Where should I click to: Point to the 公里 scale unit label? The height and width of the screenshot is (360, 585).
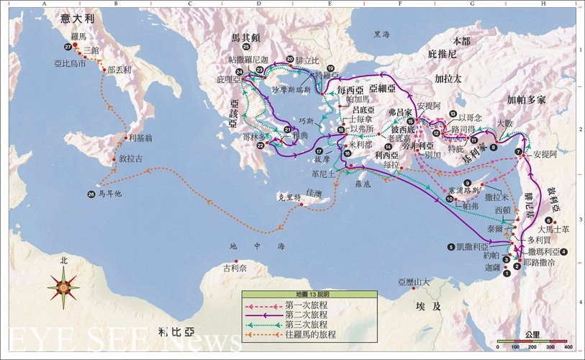click(532, 335)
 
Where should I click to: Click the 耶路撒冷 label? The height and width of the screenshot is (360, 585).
click(540, 263)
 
